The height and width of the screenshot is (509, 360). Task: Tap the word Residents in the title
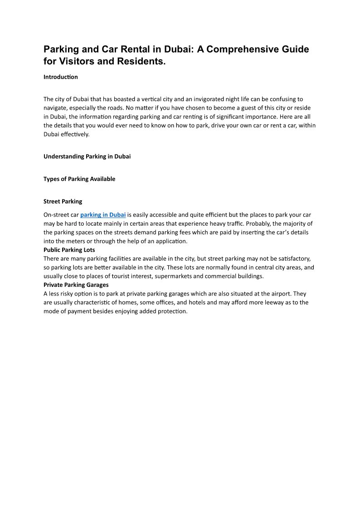(x=140, y=61)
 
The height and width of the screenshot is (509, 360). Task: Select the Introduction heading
(x=61, y=77)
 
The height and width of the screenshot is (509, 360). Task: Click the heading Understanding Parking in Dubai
(x=87, y=157)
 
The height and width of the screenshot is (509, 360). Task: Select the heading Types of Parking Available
(x=79, y=179)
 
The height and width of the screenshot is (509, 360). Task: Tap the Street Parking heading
(x=63, y=201)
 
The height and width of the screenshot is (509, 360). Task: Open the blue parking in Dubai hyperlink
(x=103, y=215)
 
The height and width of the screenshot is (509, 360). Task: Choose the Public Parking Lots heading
(x=69, y=250)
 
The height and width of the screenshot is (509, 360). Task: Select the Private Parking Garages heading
(x=76, y=285)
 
